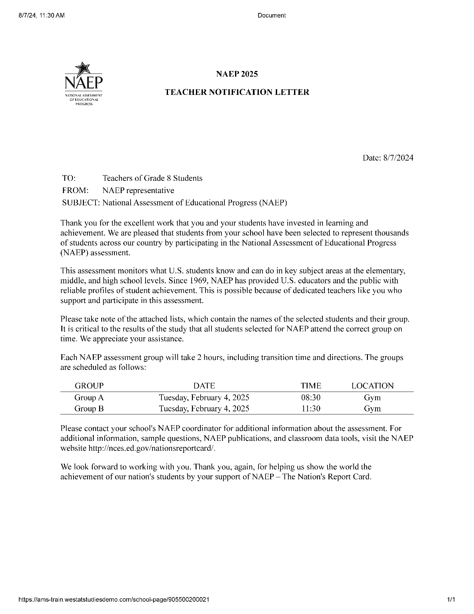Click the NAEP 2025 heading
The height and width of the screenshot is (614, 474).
(237, 74)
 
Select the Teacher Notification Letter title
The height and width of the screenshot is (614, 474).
(237, 92)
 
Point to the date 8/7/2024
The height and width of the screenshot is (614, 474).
(398, 158)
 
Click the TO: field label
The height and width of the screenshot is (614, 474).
(69, 178)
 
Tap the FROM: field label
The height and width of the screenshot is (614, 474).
(75, 190)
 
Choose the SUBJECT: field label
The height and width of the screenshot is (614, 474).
(81, 203)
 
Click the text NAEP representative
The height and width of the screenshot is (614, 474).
(138, 190)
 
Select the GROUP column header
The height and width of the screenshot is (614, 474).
(89, 386)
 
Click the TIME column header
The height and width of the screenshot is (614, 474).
(311, 386)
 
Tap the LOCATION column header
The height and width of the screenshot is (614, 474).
(373, 386)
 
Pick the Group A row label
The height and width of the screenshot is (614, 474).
(89, 397)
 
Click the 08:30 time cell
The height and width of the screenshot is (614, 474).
(311, 397)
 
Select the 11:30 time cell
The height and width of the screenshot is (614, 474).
(311, 408)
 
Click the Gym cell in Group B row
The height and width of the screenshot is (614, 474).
(373, 408)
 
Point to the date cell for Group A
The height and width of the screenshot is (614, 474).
(204, 397)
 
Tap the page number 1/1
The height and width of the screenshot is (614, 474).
(451, 600)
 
